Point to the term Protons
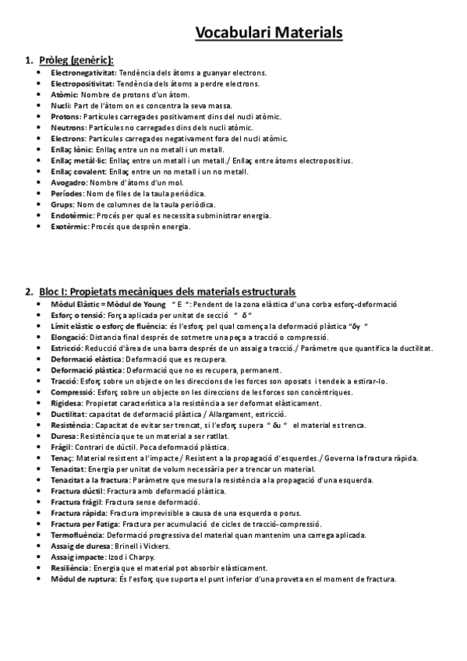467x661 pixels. click(67, 116)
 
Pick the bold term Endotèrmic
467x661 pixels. click(73, 215)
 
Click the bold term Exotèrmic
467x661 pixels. click(70, 226)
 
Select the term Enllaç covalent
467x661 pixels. click(79, 171)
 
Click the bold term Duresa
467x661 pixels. click(65, 437)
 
